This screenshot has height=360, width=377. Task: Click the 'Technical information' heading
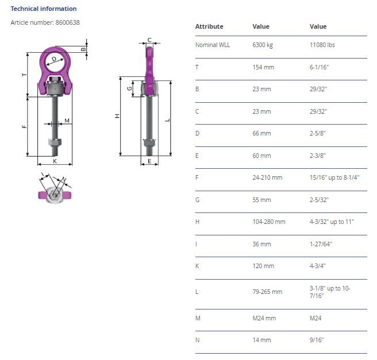pyautogui.click(x=44, y=9)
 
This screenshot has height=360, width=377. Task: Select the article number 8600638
pyautogui.click(x=67, y=22)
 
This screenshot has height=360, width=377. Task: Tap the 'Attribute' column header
pyautogui.click(x=209, y=26)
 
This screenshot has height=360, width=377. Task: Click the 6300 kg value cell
pyautogui.click(x=263, y=45)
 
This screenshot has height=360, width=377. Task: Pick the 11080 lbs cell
pyautogui.click(x=322, y=45)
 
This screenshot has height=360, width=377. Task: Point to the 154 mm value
pyautogui.click(x=263, y=67)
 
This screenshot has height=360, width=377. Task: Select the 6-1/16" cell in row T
pyautogui.click(x=319, y=67)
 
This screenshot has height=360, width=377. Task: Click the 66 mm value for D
pyautogui.click(x=261, y=133)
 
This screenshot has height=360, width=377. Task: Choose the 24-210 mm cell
pyautogui.click(x=267, y=177)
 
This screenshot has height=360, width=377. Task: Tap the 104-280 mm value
pyautogui.click(x=269, y=222)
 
